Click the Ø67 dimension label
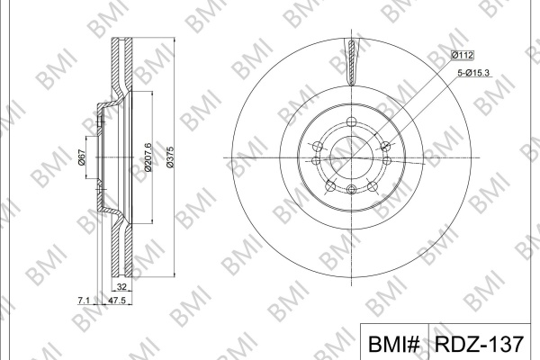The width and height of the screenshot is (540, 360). pyautogui.click(x=82, y=157)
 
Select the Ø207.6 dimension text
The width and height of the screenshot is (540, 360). pyautogui.click(x=148, y=157)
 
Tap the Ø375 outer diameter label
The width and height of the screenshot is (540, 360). pyautogui.click(x=170, y=157)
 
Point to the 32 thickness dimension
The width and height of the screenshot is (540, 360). pyautogui.click(x=121, y=286)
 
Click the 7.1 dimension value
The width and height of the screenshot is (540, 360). pyautogui.click(x=84, y=301)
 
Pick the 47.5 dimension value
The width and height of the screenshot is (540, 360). pyautogui.click(x=117, y=301)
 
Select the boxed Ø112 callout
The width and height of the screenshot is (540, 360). pyautogui.click(x=463, y=55)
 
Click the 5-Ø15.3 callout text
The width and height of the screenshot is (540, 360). pyautogui.click(x=473, y=73)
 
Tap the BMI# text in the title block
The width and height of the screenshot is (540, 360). pyautogui.click(x=394, y=344)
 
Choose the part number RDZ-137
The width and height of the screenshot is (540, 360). pyautogui.click(x=479, y=344)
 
